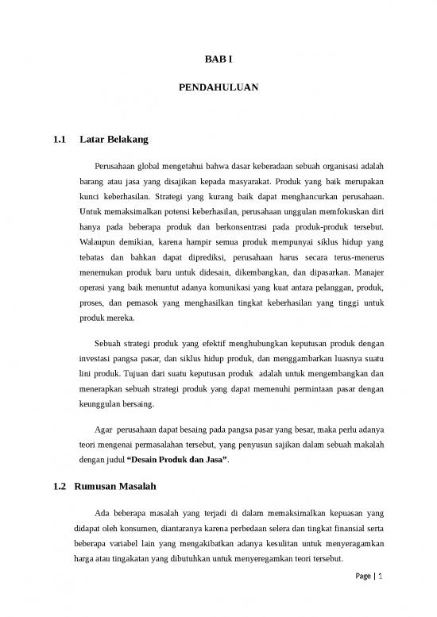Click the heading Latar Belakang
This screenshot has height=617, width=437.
[x=114, y=141]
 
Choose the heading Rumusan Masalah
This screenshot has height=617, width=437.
[x=118, y=486]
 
